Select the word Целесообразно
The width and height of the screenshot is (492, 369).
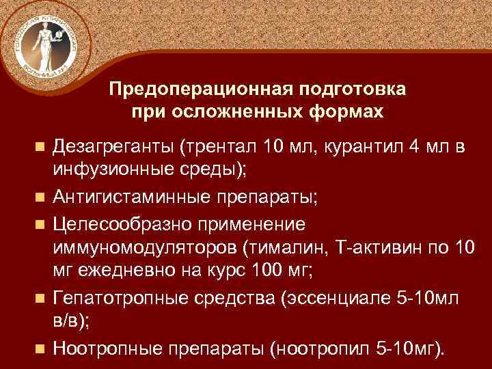coord(118,224)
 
